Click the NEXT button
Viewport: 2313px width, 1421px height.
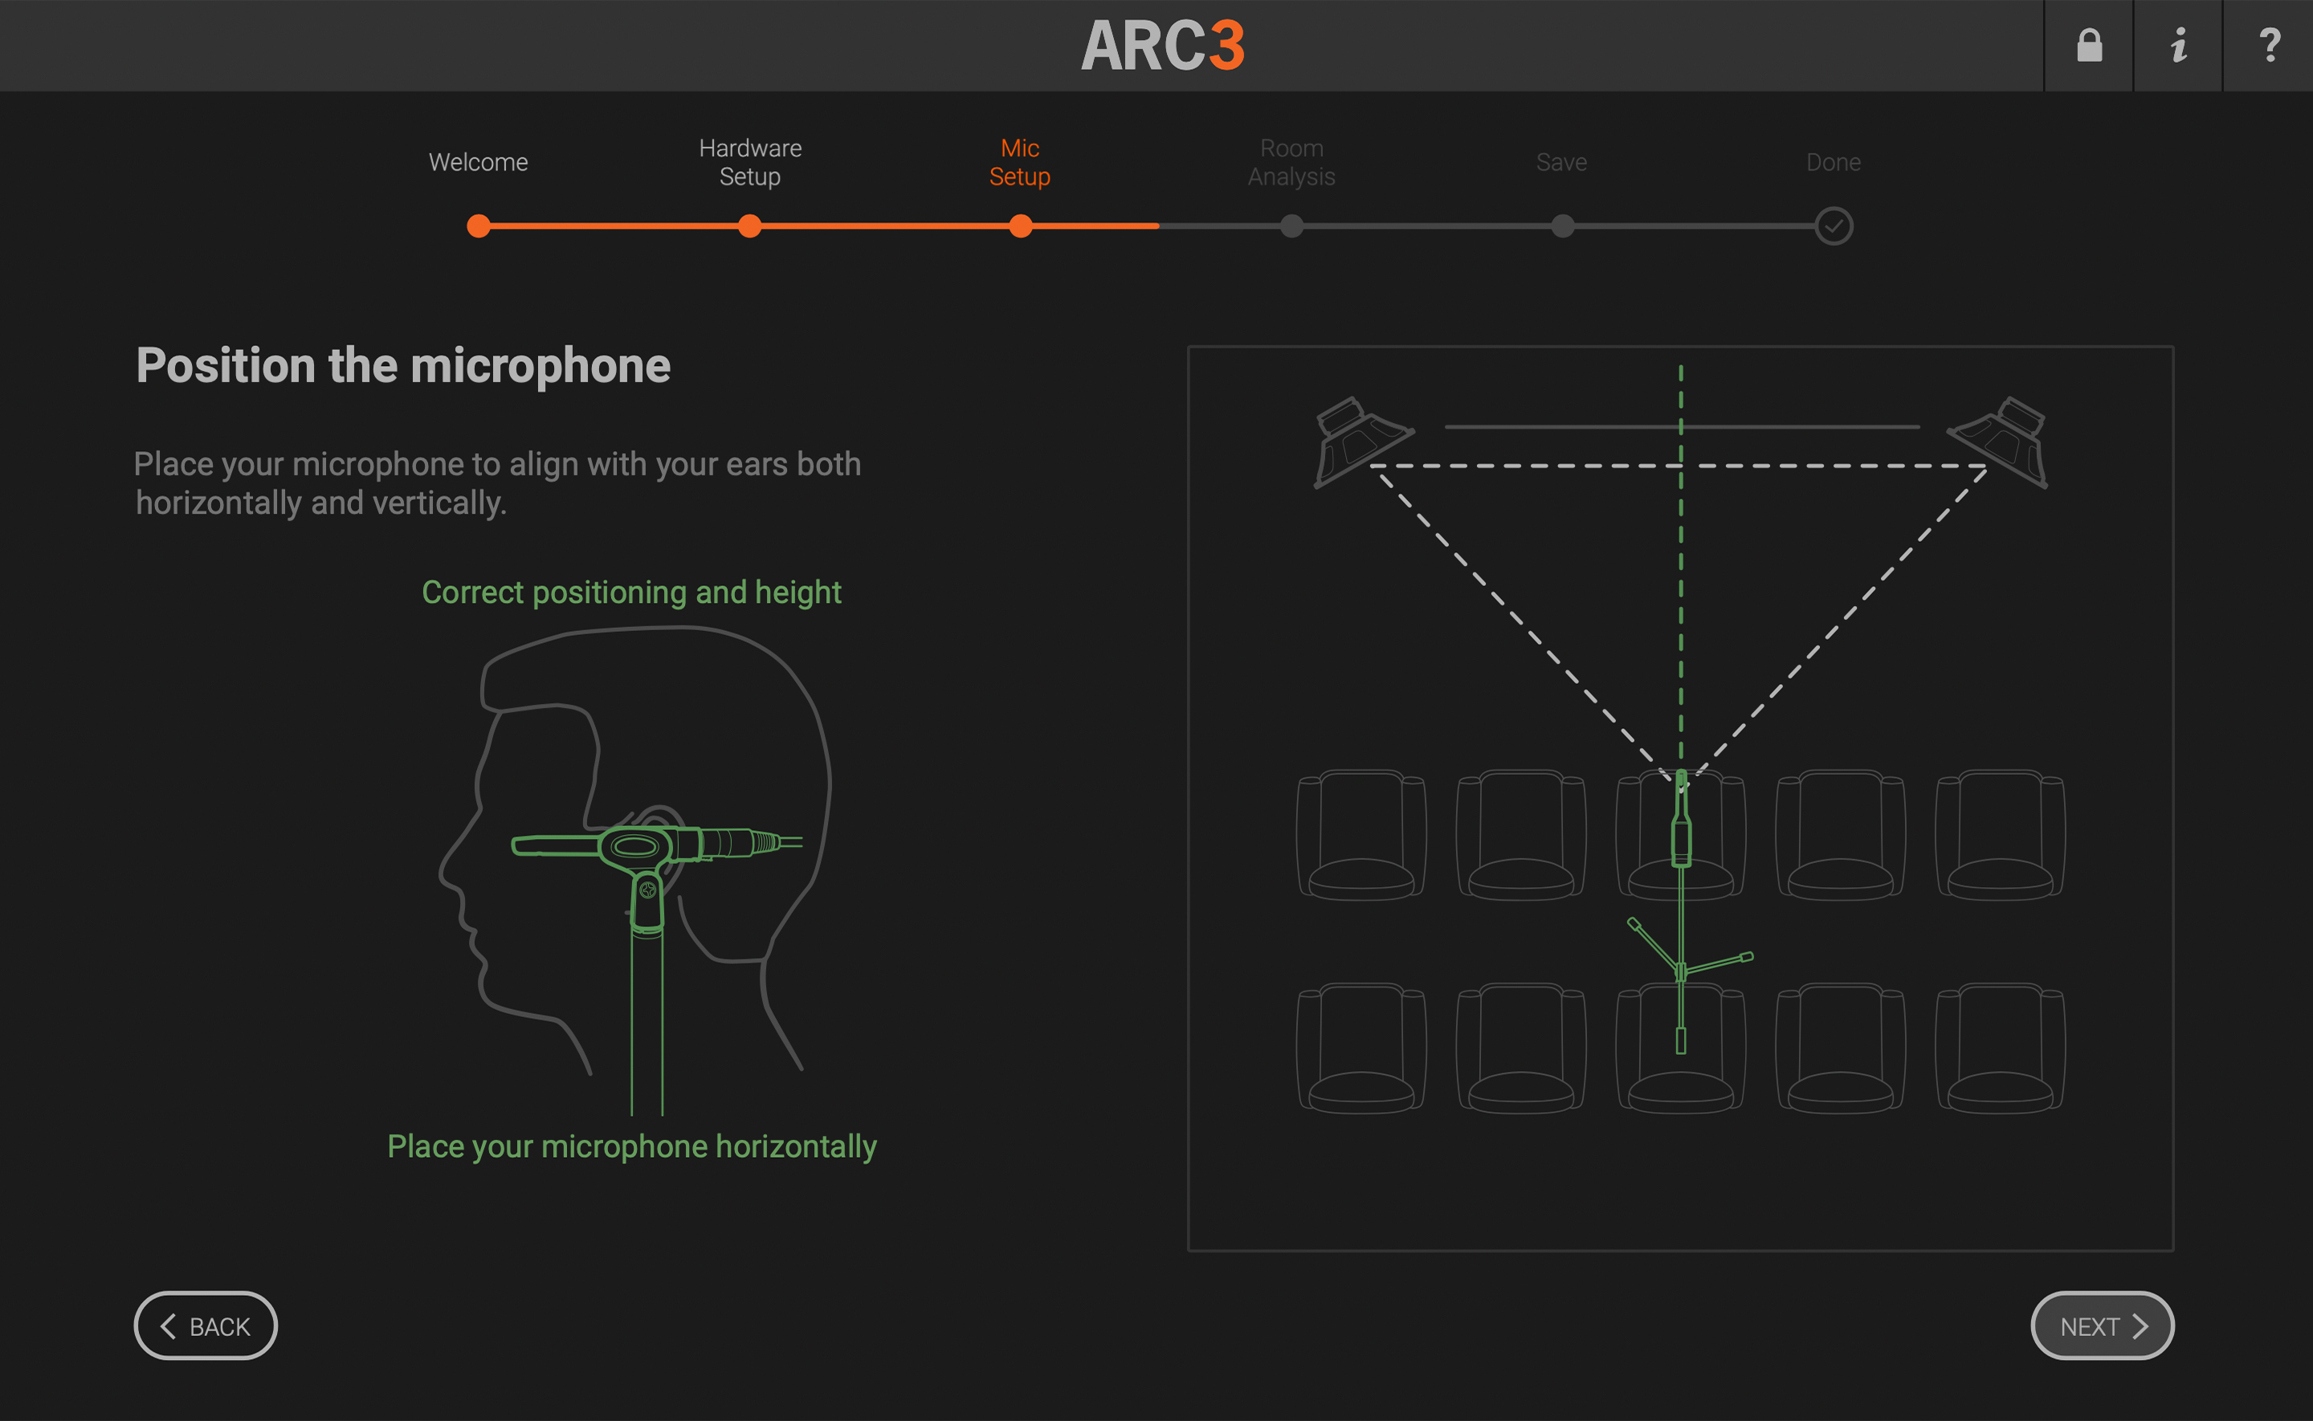coord(2102,1325)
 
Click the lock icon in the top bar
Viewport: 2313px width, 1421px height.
coord(2088,45)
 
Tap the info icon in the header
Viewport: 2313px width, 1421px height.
coord(2177,45)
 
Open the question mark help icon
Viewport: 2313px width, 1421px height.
coord(2268,45)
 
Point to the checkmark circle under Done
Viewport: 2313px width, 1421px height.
coord(1833,226)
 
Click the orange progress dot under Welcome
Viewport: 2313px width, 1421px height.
coord(479,226)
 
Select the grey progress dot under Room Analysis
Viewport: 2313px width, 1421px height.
coord(1291,226)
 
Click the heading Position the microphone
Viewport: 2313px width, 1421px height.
coord(403,365)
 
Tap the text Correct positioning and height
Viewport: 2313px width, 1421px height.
coord(630,592)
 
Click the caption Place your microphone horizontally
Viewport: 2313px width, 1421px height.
coord(631,1146)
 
